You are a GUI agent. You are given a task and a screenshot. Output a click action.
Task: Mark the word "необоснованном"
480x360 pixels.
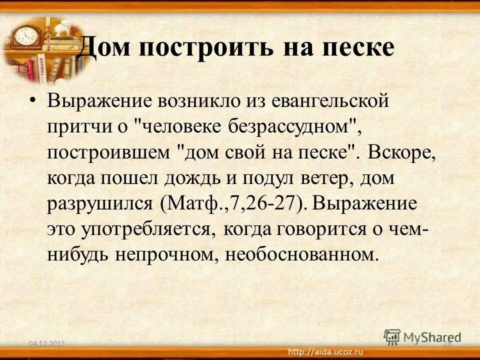[x=299, y=254]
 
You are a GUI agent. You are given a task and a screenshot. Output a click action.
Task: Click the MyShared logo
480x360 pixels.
[x=423, y=336]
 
